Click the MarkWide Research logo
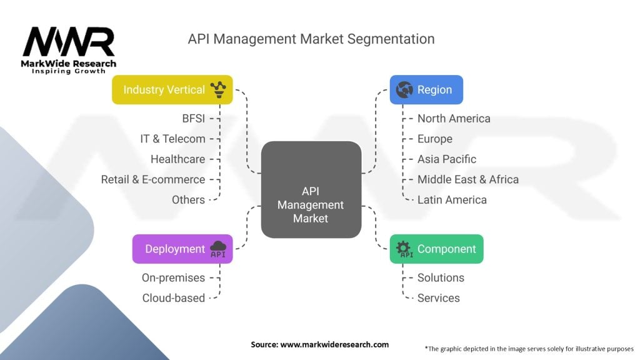(69, 49)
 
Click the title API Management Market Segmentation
(311, 39)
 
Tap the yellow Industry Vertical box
(172, 89)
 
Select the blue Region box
(426, 89)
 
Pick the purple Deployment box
(182, 249)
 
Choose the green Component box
(436, 249)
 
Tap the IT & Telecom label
(172, 139)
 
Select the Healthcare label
(177, 159)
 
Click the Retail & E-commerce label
(153, 179)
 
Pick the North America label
(454, 118)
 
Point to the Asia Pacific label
(447, 159)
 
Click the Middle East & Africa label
(468, 179)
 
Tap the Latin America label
(452, 199)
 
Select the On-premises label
(173, 277)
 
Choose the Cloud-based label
(174, 297)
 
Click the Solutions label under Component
(441, 277)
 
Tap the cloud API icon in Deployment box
(218, 249)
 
